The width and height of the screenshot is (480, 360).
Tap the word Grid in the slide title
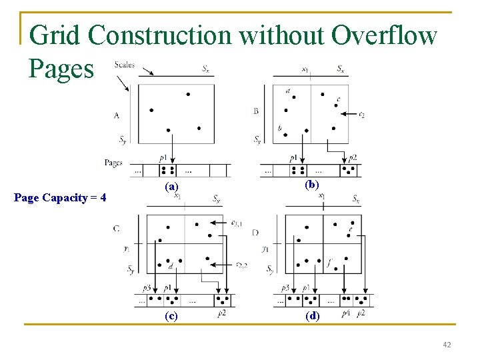55,35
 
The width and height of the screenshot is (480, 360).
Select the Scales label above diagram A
125,65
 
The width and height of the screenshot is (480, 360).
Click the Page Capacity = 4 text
60,197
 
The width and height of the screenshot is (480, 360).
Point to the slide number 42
447,345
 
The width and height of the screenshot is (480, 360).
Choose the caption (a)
172,187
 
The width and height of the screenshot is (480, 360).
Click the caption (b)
311,184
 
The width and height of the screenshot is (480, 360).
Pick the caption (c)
172,316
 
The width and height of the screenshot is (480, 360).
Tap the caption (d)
312,316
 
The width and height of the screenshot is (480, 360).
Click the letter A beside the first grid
117,115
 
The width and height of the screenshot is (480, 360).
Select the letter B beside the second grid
256,111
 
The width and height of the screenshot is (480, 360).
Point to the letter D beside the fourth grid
256,232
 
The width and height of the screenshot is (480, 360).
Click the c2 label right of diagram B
361,114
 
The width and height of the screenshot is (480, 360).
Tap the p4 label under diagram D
345,313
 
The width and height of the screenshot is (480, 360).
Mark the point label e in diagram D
350,230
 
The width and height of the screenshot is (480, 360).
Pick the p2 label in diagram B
352,158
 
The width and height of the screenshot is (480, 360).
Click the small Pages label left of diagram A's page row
113,162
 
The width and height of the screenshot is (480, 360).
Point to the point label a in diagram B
287,91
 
